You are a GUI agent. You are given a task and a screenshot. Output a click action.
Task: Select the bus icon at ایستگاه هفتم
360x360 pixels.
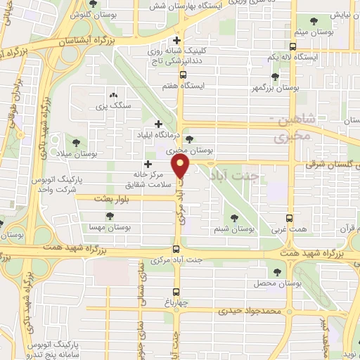click(x=183, y=75)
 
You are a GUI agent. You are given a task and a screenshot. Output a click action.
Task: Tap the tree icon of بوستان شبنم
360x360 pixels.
click(x=235, y=217)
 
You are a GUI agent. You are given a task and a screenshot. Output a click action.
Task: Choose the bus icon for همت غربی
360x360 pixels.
click(x=290, y=219)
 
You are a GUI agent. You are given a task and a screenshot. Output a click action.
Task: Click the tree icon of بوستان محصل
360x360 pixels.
click(x=276, y=270)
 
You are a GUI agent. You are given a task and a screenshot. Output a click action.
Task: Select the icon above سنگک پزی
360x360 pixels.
click(x=112, y=94)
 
